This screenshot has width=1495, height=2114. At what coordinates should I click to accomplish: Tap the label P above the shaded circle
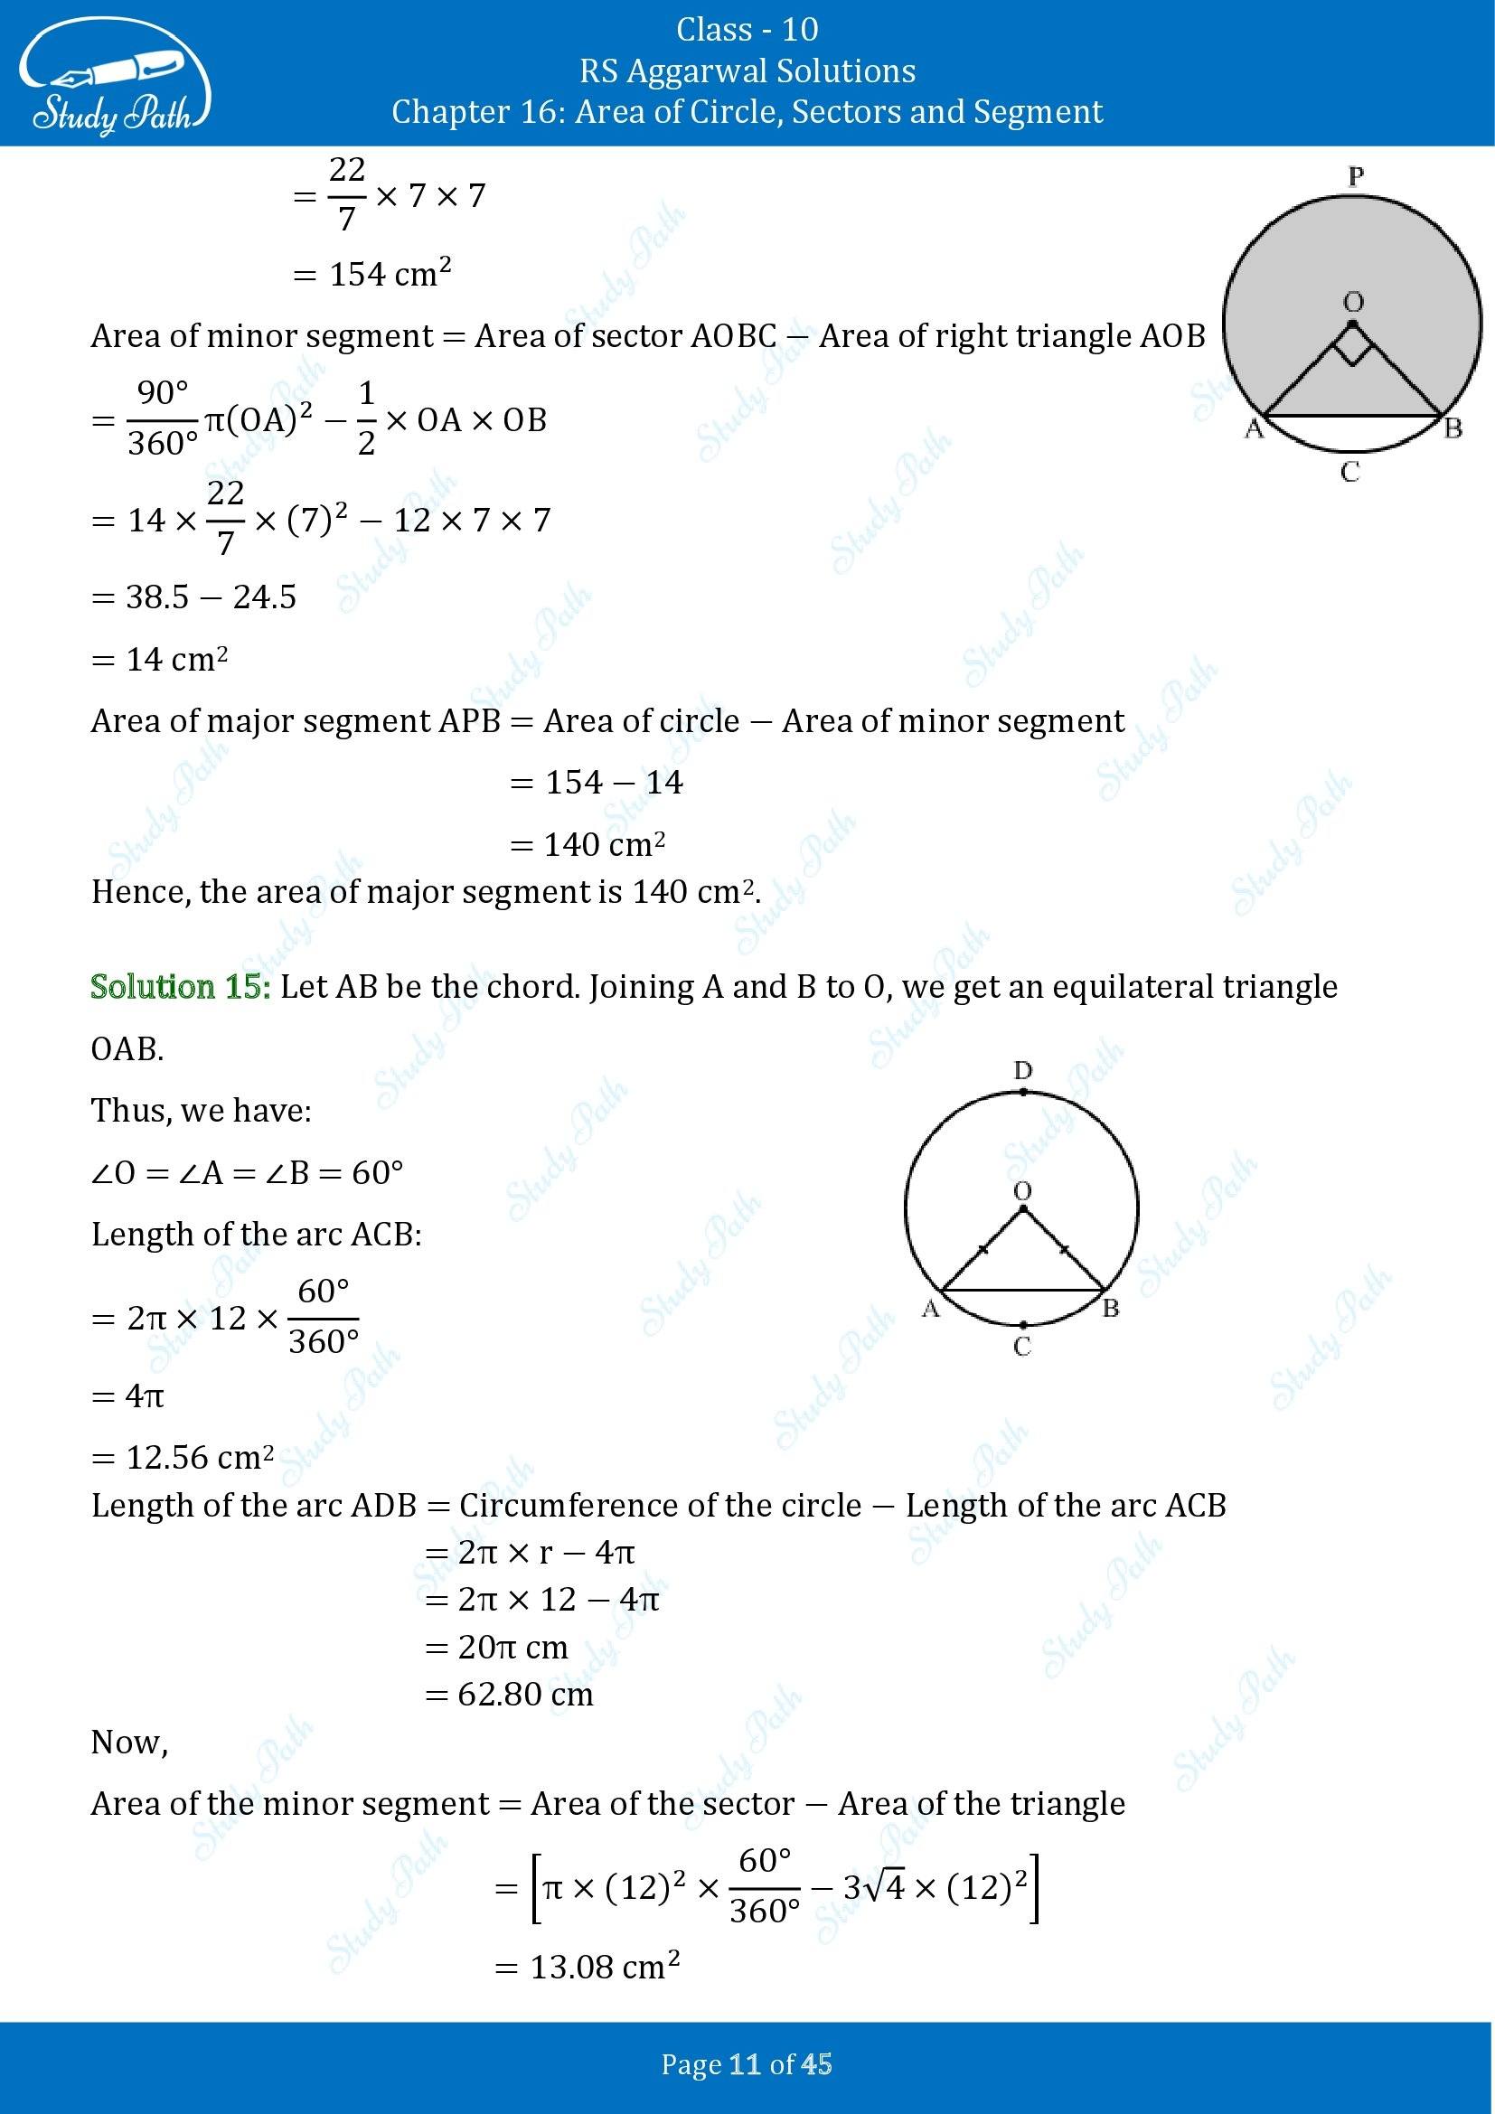1354,176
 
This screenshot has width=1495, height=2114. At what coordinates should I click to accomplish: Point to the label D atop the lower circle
1023,1071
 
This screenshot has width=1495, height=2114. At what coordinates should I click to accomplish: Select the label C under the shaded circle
1349,473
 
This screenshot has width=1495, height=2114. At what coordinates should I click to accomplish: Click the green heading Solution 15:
181,987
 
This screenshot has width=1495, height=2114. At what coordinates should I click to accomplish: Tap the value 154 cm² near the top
390,275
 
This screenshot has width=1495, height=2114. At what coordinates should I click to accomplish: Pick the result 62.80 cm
525,1694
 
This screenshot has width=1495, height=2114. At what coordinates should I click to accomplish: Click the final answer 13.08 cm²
605,1968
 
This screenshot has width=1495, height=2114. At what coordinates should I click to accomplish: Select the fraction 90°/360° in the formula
162,419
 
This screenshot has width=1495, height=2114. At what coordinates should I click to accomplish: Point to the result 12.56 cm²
199,1458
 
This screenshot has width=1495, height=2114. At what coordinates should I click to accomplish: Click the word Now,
129,1742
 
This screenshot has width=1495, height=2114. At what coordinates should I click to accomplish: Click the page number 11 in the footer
745,2065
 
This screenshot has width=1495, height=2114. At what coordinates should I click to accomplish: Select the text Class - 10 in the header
747,30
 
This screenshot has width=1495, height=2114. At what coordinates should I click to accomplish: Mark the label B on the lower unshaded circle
1110,1309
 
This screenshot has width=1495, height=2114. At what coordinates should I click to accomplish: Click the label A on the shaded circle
1253,429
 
